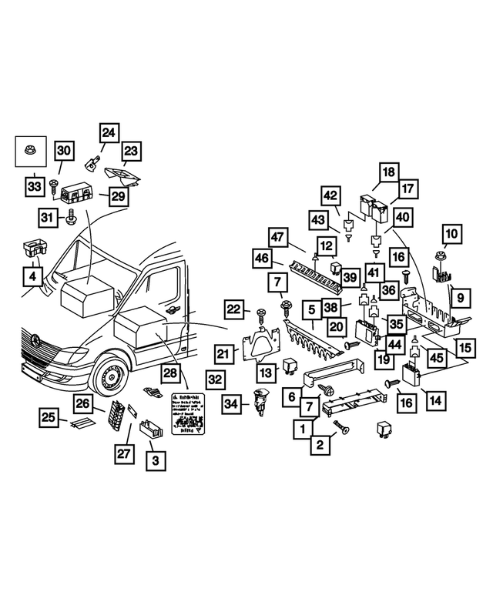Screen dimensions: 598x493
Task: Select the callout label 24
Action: click(108, 133)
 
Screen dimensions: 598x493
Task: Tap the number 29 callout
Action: click(117, 196)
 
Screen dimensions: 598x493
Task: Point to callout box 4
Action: click(32, 275)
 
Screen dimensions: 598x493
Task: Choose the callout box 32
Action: click(215, 379)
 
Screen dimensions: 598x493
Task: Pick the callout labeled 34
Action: click(230, 403)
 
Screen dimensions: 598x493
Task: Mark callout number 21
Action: click(224, 353)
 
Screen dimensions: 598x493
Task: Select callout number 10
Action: click(451, 232)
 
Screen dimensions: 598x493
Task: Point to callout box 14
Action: click(434, 400)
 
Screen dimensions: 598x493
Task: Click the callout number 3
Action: click(156, 461)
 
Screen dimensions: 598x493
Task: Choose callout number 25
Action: click(50, 418)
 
